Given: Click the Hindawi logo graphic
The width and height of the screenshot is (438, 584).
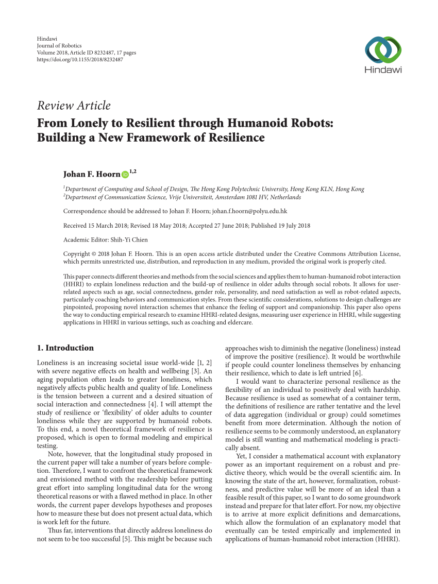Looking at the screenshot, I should pyautogui.click(x=383, y=49).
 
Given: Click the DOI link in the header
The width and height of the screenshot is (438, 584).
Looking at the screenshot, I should pyautogui.click(x=80, y=60).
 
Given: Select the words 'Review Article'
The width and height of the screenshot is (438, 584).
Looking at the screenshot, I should pyautogui.click(x=74, y=106).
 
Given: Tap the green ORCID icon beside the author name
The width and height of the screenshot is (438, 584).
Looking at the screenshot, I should pyautogui.click(x=125, y=175).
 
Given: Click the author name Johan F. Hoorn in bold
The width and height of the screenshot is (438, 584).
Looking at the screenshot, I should pyautogui.click(x=91, y=175).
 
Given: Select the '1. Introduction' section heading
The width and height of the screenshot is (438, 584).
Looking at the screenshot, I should pyautogui.click(x=65, y=348).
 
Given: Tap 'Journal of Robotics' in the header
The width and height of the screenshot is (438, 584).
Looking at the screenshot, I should pyautogui.click(x=59, y=46).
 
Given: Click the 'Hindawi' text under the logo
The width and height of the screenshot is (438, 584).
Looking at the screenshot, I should pyautogui.click(x=383, y=70).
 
